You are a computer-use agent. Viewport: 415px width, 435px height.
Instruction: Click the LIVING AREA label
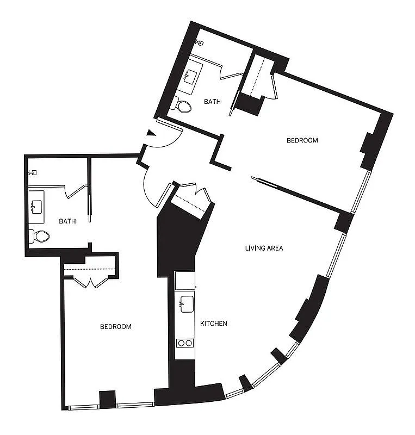click(x=264, y=248)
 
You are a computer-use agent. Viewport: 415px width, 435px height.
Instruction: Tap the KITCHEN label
click(x=214, y=324)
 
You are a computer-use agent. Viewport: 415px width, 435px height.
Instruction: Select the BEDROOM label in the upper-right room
click(x=302, y=140)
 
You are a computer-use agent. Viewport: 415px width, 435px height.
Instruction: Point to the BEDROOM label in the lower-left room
click(x=116, y=327)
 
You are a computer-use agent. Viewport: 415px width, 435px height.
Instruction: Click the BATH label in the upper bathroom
click(x=212, y=101)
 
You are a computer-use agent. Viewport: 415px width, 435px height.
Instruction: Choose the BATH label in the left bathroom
click(x=67, y=221)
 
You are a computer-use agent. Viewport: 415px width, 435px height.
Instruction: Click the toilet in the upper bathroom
click(x=182, y=105)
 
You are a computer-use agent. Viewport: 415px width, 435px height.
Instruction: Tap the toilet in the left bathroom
click(x=40, y=236)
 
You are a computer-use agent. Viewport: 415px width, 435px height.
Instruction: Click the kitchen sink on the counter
click(x=185, y=304)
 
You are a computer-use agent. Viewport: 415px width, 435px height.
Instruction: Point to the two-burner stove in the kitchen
click(x=185, y=343)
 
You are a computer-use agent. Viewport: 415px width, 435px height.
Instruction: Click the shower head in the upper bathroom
click(x=200, y=41)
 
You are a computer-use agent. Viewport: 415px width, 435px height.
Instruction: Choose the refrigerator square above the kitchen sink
click(x=185, y=280)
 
